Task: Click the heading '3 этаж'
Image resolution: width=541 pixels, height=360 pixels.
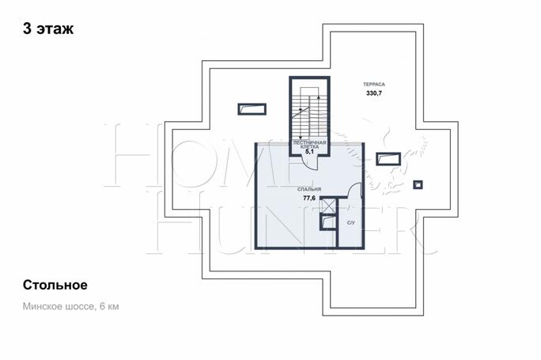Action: tap(48, 28)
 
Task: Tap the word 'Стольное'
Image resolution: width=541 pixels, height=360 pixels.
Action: tap(55, 285)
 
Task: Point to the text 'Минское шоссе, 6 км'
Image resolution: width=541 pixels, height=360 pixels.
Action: tap(70, 306)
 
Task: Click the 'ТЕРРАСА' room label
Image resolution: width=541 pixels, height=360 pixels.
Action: tap(374, 84)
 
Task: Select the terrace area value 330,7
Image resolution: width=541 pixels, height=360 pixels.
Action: tap(374, 93)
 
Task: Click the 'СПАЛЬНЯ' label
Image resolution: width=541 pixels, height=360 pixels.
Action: tap(309, 189)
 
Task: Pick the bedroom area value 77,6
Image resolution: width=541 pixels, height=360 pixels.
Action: tap(309, 198)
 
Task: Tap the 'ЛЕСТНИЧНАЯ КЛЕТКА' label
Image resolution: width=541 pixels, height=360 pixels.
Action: tap(309, 145)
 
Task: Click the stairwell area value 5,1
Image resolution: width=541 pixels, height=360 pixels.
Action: tap(309, 151)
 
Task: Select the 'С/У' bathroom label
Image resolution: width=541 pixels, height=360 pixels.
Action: tap(350, 223)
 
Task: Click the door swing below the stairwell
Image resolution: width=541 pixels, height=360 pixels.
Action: tap(308, 162)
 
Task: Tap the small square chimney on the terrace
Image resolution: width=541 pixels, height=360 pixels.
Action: tap(418, 184)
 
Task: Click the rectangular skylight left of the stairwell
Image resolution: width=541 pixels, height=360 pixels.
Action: tap(252, 109)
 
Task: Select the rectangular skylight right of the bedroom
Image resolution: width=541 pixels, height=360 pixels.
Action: tap(388, 159)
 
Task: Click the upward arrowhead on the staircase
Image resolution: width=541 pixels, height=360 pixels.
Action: tap(318, 97)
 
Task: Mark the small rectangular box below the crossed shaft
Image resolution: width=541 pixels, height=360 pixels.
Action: tap(327, 222)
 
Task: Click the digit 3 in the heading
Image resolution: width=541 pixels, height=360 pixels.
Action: tap(27, 28)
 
